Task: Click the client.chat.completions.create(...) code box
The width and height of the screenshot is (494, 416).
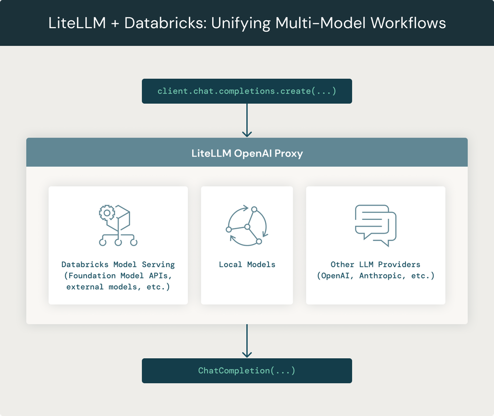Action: pos(247,91)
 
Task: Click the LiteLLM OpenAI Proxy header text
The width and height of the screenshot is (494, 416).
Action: pos(247,153)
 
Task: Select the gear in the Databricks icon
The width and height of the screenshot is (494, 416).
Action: pos(107,213)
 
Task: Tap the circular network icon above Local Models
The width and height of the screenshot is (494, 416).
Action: pos(247,225)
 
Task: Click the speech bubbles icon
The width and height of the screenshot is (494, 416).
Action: pos(376,225)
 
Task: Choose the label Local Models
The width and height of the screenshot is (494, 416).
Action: pos(247,265)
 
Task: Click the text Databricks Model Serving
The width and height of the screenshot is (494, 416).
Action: pos(118,265)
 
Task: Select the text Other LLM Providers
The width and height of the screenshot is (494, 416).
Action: pos(375,265)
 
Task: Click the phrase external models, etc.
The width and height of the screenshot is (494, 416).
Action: pos(118,287)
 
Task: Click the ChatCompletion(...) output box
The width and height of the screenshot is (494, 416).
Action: pos(247,371)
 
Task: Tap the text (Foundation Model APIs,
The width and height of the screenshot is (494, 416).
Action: pos(118,276)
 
